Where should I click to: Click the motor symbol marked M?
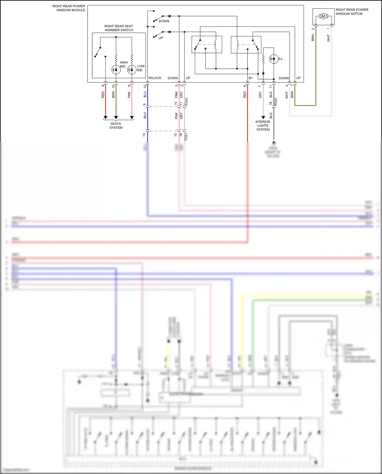tap(323, 16)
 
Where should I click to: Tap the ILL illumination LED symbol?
tap(274, 59)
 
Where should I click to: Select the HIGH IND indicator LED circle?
tap(116, 70)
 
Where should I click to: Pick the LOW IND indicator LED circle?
tap(132, 70)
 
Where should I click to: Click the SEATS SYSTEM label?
tap(116, 126)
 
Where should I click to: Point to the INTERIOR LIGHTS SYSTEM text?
tap(263, 126)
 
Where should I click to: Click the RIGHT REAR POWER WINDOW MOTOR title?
tap(352, 12)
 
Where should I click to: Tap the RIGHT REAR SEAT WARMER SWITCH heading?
tap(119, 28)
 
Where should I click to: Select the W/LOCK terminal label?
tap(155, 78)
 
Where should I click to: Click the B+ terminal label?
tap(251, 78)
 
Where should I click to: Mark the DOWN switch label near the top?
tap(164, 21)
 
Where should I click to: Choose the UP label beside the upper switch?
tap(161, 38)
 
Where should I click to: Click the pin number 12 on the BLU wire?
tap(145, 86)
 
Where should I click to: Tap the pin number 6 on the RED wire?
tap(245, 86)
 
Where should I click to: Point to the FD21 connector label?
tap(186, 137)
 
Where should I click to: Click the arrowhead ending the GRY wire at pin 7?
tap(263, 118)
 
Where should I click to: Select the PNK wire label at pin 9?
tap(129, 95)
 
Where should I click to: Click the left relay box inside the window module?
tap(207, 45)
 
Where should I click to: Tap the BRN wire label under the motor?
tap(313, 38)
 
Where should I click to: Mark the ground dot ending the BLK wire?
tap(274, 143)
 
